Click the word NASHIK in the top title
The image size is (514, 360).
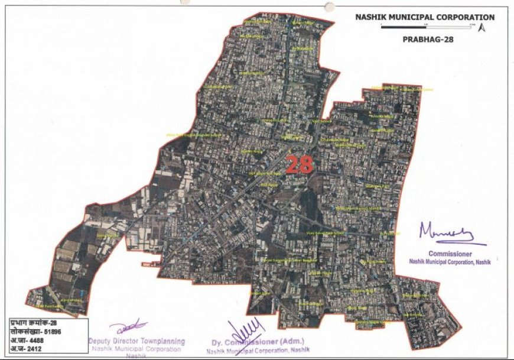369,17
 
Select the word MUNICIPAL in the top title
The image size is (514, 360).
409,17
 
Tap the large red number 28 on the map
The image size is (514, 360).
300,164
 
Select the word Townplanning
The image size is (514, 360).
161,341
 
